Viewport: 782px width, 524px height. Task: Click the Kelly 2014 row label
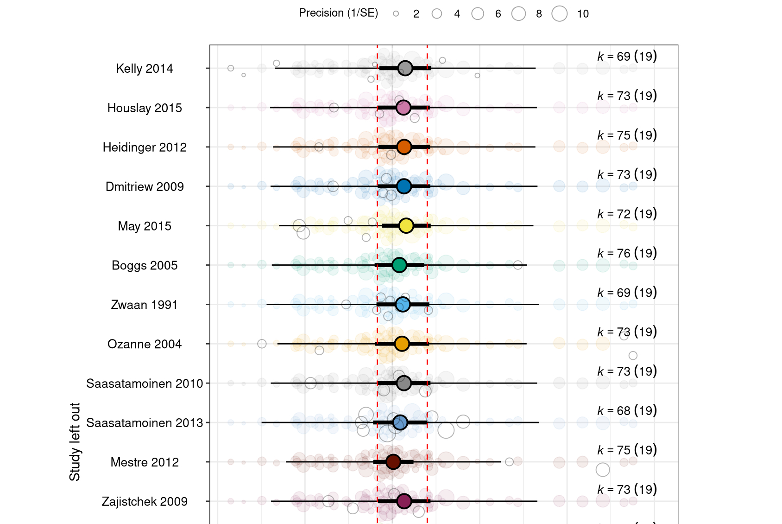click(144, 69)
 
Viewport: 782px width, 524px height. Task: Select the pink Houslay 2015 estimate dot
click(404, 108)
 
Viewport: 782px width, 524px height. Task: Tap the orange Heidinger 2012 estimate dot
click(404, 147)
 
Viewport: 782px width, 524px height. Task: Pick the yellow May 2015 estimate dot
click(406, 226)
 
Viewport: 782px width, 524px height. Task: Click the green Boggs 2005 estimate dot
click(399, 265)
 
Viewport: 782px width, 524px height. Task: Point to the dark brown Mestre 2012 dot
click(393, 462)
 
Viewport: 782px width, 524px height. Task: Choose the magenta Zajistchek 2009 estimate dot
click(404, 501)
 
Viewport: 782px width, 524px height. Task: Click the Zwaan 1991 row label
click(144, 305)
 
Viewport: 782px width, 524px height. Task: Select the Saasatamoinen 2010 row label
click(145, 383)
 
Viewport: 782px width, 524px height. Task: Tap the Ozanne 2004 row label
click(144, 344)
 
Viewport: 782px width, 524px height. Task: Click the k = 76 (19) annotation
click(627, 253)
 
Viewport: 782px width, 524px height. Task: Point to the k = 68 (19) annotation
click(627, 410)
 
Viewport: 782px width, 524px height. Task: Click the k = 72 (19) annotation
click(627, 214)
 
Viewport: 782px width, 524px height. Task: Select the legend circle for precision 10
click(560, 14)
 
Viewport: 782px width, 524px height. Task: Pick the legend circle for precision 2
click(396, 14)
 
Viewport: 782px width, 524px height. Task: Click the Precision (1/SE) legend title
click(338, 13)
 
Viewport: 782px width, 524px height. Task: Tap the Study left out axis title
click(75, 441)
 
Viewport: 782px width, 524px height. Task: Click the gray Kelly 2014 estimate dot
click(405, 68)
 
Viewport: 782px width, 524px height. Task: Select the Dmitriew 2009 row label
click(145, 186)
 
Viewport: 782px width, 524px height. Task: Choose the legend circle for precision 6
click(478, 14)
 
